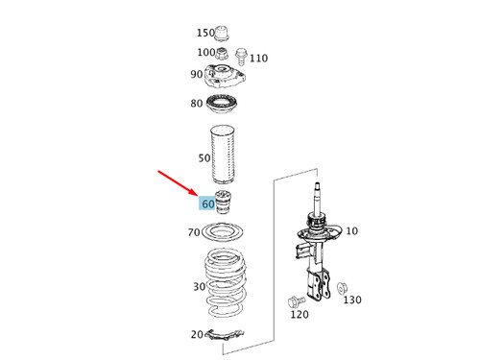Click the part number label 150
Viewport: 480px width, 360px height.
click(205, 33)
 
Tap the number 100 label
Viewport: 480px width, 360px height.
click(205, 53)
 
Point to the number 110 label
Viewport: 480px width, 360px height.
click(258, 58)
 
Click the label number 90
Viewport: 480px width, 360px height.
click(197, 75)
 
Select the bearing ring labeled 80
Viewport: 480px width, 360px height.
click(228, 106)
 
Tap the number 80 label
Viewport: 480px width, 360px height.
click(197, 104)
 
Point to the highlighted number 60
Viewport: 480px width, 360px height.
click(208, 204)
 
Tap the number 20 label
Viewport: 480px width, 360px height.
click(197, 334)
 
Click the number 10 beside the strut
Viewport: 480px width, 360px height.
click(351, 231)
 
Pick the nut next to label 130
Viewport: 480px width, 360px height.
click(342, 287)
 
